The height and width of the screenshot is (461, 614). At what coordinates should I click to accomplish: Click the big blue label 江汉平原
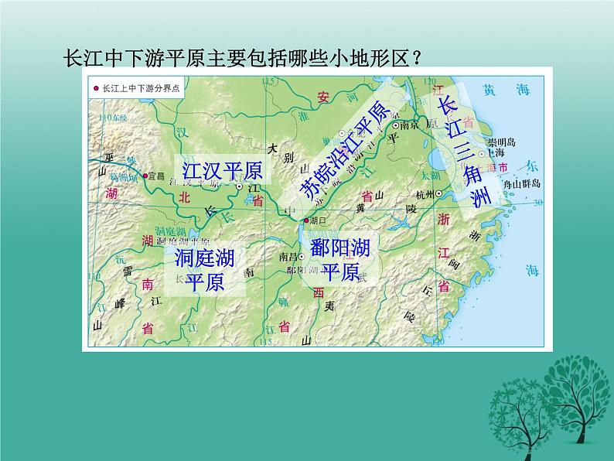(221, 170)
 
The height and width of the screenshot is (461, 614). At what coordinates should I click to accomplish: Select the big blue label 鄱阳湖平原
(340, 260)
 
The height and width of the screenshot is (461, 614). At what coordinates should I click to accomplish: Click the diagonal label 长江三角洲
(464, 152)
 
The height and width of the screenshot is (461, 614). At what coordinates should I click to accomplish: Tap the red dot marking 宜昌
(145, 176)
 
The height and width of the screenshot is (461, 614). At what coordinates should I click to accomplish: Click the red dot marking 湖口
(307, 220)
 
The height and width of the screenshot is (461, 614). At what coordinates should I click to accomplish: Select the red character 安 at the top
(324, 97)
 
